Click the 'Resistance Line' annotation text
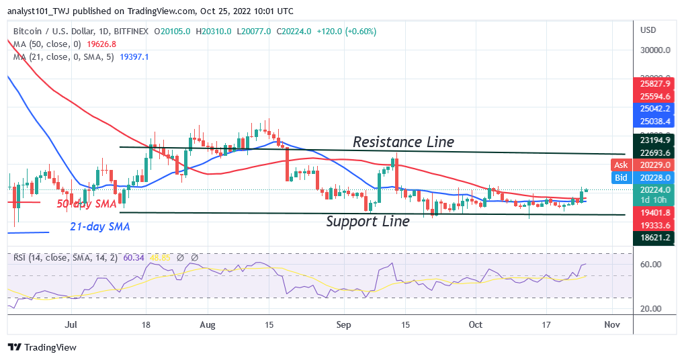tap(403, 142)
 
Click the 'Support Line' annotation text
tap(368, 221)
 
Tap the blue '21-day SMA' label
tap(100, 227)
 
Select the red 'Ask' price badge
tap(620, 165)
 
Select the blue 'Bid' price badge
tap(620, 177)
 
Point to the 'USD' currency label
tap(648, 30)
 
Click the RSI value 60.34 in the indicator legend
tap(138, 257)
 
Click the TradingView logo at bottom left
tap(42, 347)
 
